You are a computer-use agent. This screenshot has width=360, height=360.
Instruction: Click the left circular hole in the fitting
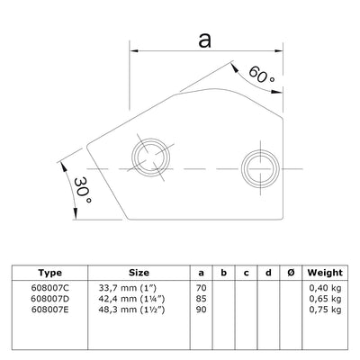(x=148, y=160)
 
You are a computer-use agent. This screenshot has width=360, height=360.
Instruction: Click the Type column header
(x=51, y=273)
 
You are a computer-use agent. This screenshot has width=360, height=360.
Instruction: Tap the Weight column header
(x=324, y=273)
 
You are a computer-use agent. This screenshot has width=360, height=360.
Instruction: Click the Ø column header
(x=287, y=273)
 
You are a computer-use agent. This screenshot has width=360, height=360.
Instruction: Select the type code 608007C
(x=51, y=287)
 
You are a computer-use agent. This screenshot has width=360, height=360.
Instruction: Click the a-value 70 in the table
(x=202, y=287)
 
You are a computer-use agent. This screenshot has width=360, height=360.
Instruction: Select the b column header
(x=223, y=273)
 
